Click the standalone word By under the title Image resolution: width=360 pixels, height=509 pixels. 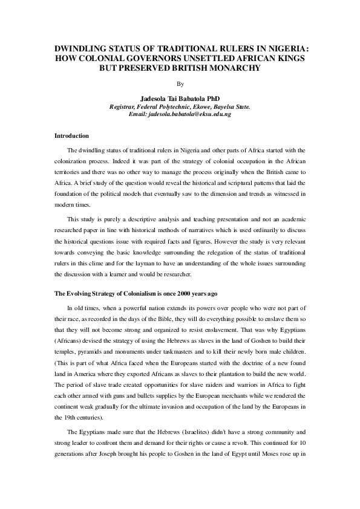pyautogui.click(x=179, y=84)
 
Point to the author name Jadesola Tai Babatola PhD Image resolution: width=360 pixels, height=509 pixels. pyautogui.click(x=179, y=99)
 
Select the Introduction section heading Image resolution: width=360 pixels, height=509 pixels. pyautogui.click(x=72, y=135)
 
